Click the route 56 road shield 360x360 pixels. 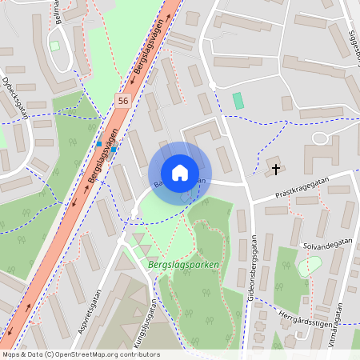pos(122,101)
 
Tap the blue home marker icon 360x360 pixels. pos(180,173)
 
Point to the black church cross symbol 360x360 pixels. pos(277,169)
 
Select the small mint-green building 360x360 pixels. pos(238,101)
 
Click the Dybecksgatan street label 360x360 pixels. pos(14,97)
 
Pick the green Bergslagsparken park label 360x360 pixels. pos(184,263)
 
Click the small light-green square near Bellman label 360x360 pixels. pos(54,46)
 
